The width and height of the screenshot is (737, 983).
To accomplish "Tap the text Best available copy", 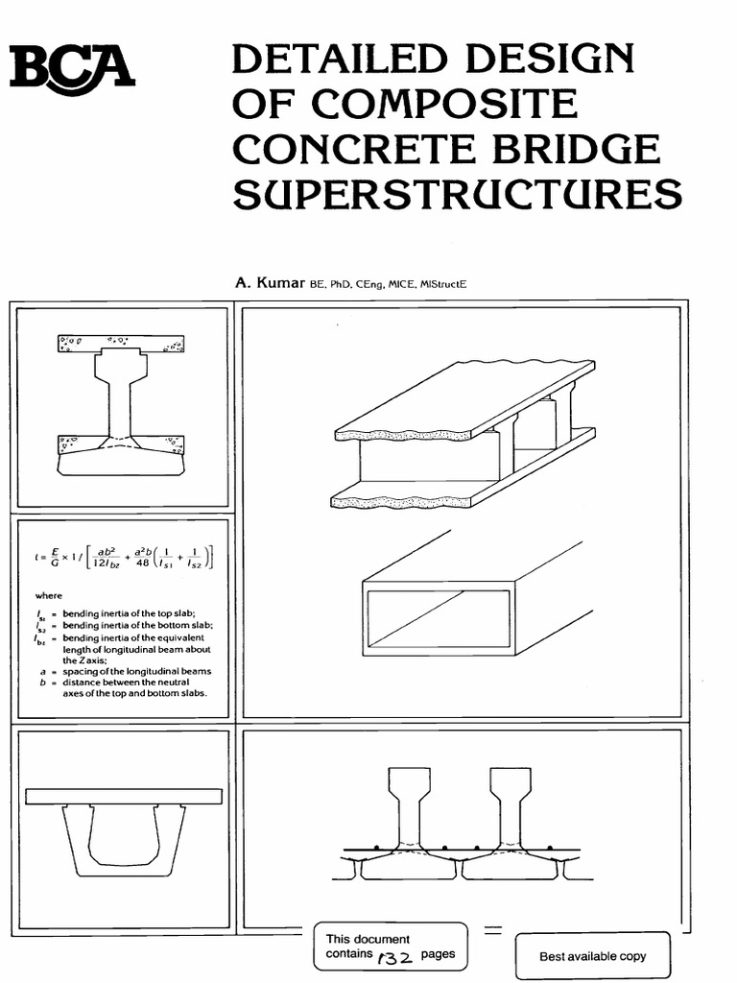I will (592, 956).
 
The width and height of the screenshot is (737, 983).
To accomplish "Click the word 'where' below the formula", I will (48, 596).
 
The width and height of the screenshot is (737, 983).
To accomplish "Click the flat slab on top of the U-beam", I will (124, 797).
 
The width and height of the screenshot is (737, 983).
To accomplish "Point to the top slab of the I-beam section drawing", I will (121, 344).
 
